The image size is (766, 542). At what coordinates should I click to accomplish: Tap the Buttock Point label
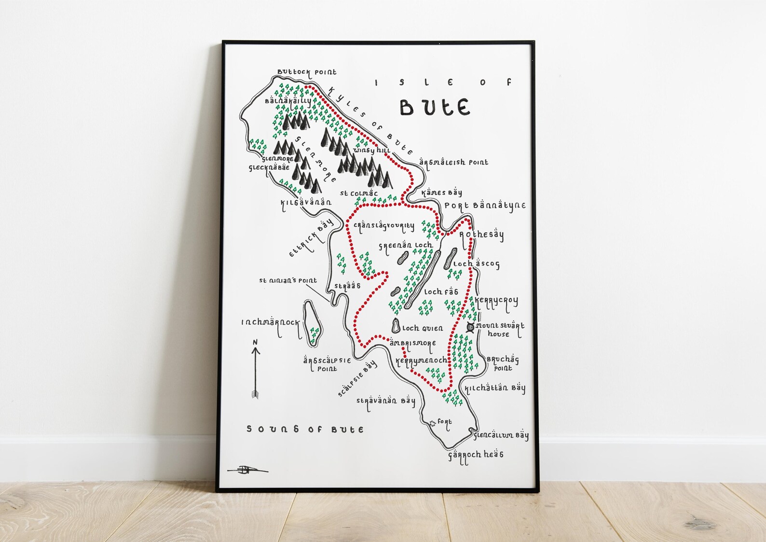pos(307,72)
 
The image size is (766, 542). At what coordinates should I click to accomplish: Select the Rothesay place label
pos(481,235)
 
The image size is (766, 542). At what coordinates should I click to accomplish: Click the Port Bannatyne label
pos(485,206)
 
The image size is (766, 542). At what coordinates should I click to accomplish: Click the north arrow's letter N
pos(255,342)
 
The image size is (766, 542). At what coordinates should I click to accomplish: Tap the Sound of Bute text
pos(305,429)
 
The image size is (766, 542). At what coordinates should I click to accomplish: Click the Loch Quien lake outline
pos(396,326)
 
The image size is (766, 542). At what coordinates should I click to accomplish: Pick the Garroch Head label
pos(476,455)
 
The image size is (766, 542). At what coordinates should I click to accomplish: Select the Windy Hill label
pos(371,151)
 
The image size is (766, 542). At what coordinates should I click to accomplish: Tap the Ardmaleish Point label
pos(453,163)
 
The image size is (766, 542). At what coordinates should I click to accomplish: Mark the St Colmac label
pos(358,194)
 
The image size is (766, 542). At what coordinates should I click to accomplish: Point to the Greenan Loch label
pos(405,246)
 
